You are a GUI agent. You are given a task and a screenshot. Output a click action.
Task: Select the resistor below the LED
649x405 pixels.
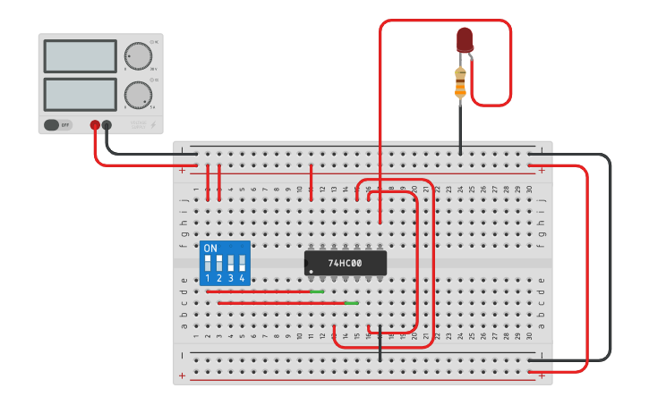(460, 82)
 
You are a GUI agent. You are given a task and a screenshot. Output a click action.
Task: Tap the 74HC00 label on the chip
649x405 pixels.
(345, 264)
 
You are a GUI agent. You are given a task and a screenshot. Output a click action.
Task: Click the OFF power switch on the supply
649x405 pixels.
(57, 125)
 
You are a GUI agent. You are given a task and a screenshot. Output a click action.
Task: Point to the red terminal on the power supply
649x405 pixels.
(95, 125)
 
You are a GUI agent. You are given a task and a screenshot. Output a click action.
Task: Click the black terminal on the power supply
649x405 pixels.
(107, 125)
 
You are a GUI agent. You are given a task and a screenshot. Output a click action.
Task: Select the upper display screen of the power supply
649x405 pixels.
(80, 56)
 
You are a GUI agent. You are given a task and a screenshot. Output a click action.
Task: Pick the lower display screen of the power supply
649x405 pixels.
(80, 94)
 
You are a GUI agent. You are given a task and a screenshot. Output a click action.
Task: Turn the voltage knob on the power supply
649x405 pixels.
(138, 55)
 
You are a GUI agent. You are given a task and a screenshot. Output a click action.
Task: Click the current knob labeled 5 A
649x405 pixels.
(138, 94)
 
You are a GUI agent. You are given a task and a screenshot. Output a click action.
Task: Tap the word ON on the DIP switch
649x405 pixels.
(210, 248)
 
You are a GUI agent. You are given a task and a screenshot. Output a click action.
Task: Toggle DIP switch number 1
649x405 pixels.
(208, 264)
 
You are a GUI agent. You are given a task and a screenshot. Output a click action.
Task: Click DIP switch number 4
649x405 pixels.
(242, 264)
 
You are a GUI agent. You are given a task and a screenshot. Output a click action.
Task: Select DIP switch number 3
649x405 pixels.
(231, 264)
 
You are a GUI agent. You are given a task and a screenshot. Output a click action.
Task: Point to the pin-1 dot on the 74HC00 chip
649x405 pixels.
(310, 270)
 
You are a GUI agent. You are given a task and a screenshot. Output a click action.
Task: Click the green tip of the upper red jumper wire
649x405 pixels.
(316, 291)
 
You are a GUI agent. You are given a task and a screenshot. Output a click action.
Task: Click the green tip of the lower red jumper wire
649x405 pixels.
(351, 303)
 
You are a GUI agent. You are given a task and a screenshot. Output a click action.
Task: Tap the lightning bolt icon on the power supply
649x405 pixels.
(153, 124)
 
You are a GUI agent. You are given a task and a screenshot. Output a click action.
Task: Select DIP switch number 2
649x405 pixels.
(219, 264)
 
